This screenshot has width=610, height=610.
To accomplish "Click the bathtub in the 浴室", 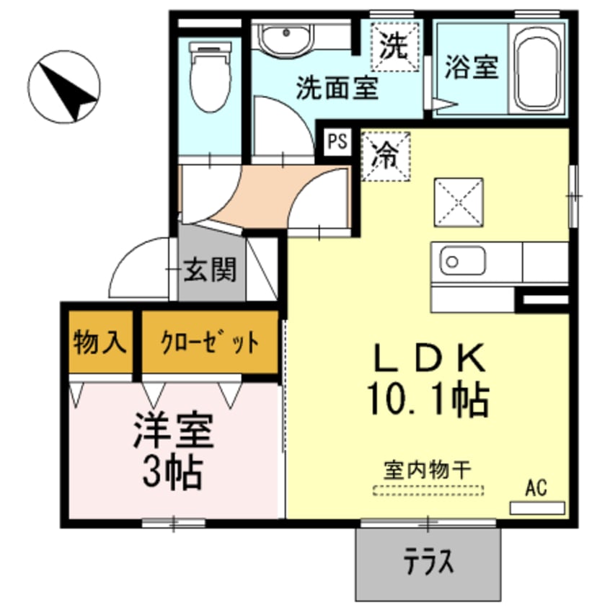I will [x=537, y=68].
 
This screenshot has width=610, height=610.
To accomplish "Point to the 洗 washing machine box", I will [x=394, y=48].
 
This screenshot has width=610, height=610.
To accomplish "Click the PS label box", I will [x=336, y=141].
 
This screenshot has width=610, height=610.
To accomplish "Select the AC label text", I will [x=535, y=487].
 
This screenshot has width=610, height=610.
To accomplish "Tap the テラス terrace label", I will [x=428, y=560].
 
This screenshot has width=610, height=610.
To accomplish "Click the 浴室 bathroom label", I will [x=471, y=68].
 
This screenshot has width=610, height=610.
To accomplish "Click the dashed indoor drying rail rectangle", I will [x=428, y=490].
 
